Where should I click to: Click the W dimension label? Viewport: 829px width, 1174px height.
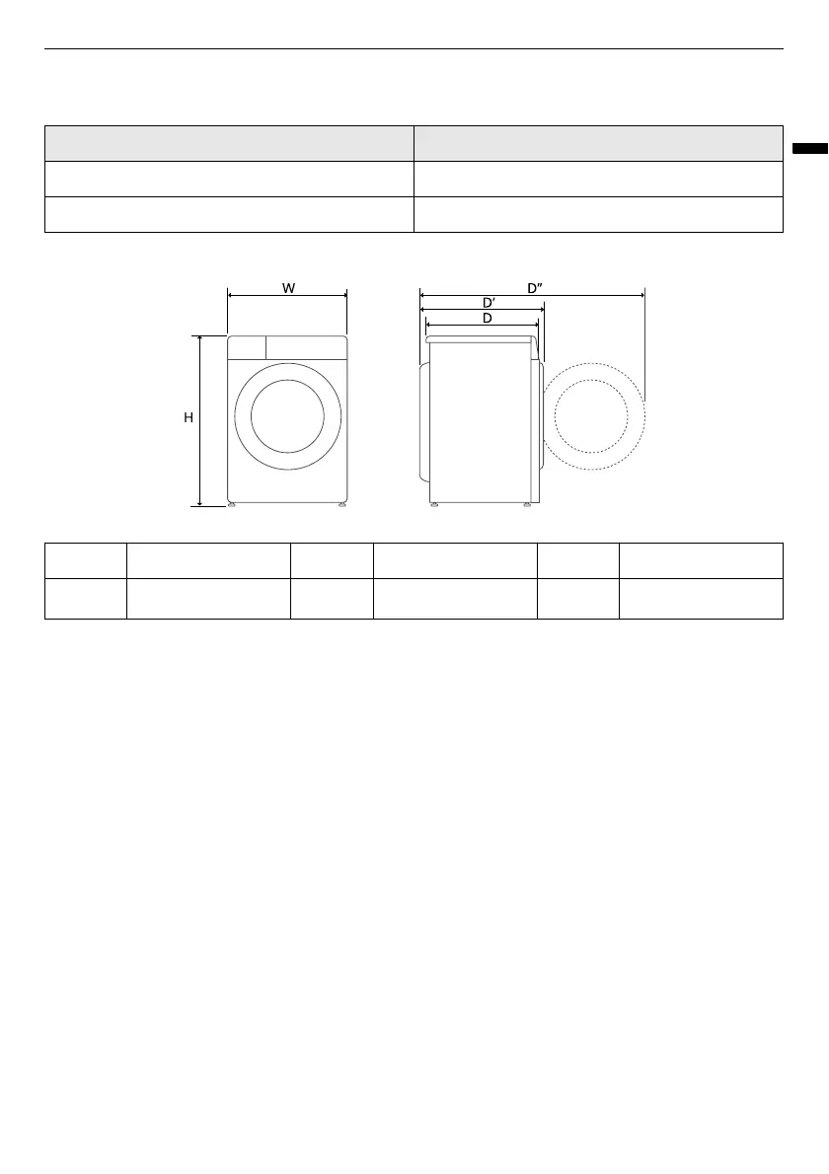pyautogui.click(x=288, y=287)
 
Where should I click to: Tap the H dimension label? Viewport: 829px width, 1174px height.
pyautogui.click(x=188, y=417)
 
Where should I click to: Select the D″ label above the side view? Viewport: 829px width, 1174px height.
pyautogui.click(x=535, y=287)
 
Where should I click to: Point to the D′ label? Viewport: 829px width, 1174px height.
pyautogui.click(x=489, y=303)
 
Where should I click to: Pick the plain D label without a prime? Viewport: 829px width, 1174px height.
pyautogui.click(x=487, y=319)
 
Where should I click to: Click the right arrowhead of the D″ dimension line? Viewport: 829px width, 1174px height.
pyautogui.click(x=641, y=296)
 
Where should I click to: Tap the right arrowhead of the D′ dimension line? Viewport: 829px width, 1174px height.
pyautogui.click(x=541, y=309)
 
